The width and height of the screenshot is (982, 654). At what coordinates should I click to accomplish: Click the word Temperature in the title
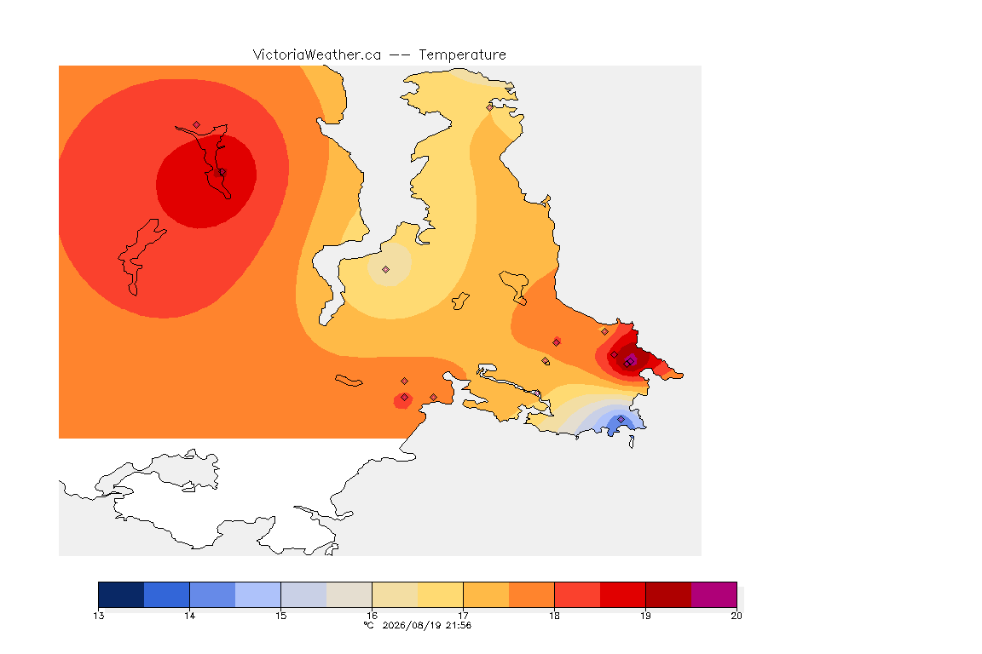click(462, 55)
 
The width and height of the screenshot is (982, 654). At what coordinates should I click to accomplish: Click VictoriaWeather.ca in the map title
click(317, 55)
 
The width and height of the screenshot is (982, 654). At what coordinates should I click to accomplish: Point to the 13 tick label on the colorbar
click(98, 616)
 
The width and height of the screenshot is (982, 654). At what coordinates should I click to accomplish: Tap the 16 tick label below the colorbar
click(372, 616)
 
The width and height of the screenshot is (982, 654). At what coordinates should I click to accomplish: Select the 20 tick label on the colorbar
click(736, 616)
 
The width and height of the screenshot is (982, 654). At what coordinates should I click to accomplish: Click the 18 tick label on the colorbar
click(554, 616)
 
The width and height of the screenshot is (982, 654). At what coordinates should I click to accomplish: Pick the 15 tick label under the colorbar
click(280, 616)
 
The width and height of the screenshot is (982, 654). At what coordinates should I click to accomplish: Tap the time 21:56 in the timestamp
click(459, 625)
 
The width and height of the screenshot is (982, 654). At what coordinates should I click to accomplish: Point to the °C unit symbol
click(369, 625)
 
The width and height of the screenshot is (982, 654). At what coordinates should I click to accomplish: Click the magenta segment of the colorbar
click(714, 594)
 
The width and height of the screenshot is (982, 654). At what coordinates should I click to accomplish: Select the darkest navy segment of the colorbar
click(121, 594)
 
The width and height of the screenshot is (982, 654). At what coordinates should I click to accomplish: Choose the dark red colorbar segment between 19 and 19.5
click(668, 594)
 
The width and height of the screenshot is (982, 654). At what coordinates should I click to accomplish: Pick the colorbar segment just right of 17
click(486, 594)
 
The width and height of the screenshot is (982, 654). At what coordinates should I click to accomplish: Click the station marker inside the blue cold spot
click(621, 419)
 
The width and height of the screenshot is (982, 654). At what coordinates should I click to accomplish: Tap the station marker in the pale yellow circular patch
click(386, 270)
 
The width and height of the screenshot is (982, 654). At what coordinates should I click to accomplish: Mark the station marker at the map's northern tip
click(490, 107)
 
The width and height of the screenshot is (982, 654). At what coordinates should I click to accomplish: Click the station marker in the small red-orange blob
click(405, 398)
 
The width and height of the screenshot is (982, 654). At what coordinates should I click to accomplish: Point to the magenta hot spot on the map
click(632, 360)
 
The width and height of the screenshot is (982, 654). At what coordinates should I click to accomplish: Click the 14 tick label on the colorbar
click(190, 616)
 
